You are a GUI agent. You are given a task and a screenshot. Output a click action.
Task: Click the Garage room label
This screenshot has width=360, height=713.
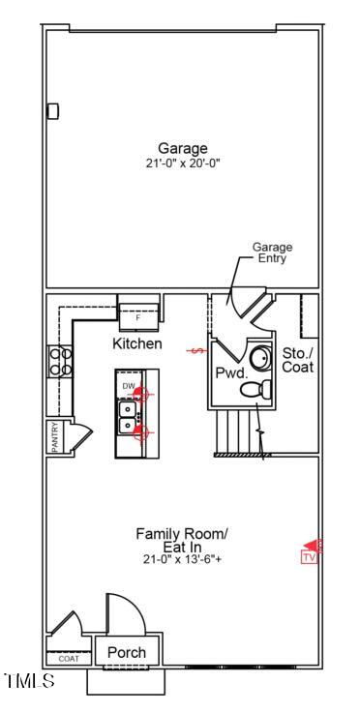[x=183, y=148]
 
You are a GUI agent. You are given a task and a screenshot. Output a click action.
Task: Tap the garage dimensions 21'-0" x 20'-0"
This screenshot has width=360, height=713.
[x=183, y=163]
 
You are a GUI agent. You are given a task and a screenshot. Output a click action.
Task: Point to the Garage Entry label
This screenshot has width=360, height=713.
[x=272, y=253]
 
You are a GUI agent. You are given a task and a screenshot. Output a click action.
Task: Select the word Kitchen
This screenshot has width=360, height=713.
[x=137, y=344]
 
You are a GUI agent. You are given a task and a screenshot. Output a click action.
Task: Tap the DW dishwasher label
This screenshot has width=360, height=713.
[x=129, y=387]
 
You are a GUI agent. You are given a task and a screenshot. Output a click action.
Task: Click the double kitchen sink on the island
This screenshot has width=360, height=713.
[x=128, y=417]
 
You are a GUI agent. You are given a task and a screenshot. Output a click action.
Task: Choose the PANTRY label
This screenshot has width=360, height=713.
[x=55, y=436]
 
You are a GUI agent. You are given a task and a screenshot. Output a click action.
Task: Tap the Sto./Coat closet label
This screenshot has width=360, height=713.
[x=297, y=360]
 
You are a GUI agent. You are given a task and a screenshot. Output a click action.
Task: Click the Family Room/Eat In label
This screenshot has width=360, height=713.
[x=182, y=540]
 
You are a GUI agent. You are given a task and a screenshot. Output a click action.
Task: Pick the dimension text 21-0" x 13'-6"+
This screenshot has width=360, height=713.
[x=182, y=560]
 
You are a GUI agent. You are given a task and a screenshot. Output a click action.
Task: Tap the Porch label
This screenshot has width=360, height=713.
[x=127, y=653]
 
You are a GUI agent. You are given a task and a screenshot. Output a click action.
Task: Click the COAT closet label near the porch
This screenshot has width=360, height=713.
[x=69, y=659]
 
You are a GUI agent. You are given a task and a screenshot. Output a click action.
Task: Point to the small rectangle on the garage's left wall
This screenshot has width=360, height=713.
[x=53, y=111]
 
